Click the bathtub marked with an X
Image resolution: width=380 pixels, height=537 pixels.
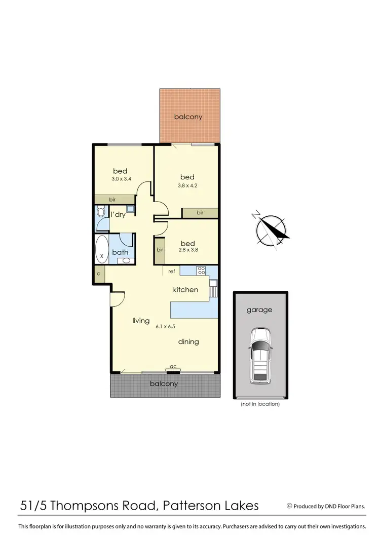coord(102,249)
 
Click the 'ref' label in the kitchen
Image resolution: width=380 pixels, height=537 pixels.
coord(172,272)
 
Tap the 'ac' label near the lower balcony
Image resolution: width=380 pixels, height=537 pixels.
coord(173,367)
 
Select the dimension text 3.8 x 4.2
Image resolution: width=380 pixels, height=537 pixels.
coord(187,185)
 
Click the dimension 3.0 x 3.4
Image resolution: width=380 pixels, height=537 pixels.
coord(121,179)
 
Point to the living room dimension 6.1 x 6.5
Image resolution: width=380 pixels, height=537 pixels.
coord(165,327)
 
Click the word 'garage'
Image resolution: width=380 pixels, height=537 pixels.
coord(259,310)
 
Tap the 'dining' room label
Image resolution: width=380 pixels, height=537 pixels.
coord(188,342)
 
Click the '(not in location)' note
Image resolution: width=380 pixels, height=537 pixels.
coord(260,404)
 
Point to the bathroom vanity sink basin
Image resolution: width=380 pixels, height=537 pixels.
coord(126,260)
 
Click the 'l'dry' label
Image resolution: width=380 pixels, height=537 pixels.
coord(118,215)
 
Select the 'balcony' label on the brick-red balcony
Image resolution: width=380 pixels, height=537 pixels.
coord(188,117)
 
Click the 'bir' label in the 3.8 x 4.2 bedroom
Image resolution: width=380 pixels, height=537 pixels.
coord(200,213)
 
